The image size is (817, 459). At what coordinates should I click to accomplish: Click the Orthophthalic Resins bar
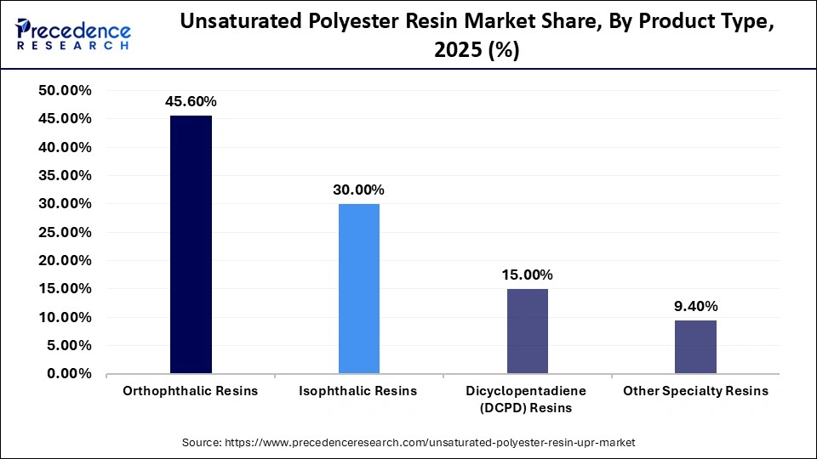tap(191, 245)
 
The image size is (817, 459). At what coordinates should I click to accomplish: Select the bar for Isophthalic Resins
tap(358, 289)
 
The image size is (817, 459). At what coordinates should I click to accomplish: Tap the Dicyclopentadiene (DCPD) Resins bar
tap(527, 331)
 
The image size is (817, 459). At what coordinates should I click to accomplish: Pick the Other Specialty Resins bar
tap(695, 347)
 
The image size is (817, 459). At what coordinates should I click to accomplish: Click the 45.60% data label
tap(191, 102)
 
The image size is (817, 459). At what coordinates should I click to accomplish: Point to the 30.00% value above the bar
tap(358, 190)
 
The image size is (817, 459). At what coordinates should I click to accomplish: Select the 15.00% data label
tap(527, 275)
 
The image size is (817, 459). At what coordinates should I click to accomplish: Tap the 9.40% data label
tap(695, 306)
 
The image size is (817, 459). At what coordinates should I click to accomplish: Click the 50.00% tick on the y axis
tap(66, 91)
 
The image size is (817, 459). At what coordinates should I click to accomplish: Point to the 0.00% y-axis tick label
tap(69, 374)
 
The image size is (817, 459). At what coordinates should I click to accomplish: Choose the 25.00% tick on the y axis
tap(66, 232)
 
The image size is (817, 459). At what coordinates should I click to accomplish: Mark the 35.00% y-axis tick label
tap(66, 176)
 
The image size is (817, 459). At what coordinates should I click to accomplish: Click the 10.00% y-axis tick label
tap(66, 317)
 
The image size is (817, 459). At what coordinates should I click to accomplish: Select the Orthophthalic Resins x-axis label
tap(191, 391)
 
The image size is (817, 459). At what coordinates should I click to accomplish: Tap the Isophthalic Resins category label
tap(358, 391)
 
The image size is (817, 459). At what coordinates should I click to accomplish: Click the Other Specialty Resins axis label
tap(695, 391)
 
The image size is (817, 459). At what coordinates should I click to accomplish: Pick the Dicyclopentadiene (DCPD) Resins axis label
tap(527, 399)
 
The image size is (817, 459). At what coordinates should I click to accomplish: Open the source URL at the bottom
tap(408, 443)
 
